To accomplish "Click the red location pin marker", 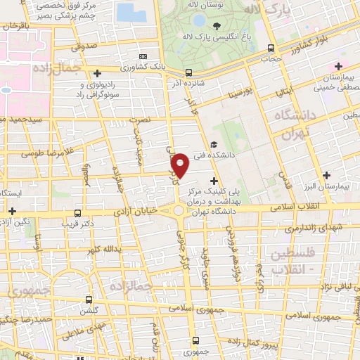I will click(x=181, y=165).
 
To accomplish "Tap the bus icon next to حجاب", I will click(x=272, y=49).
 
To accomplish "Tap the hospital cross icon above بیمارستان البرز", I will click(x=326, y=175).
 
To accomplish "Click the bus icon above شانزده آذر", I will click(x=188, y=72).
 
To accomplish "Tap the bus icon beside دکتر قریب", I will click(x=77, y=213).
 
